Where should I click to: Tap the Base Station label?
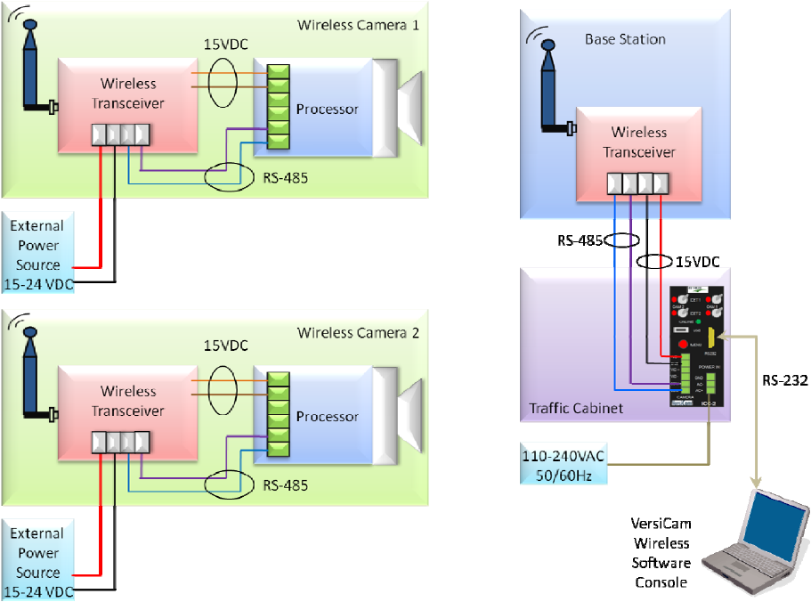tap(625, 39)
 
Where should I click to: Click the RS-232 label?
tap(784, 380)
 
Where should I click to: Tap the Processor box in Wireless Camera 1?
tap(326, 110)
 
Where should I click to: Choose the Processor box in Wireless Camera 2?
tap(326, 417)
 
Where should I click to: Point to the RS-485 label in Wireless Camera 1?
tap(286, 177)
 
